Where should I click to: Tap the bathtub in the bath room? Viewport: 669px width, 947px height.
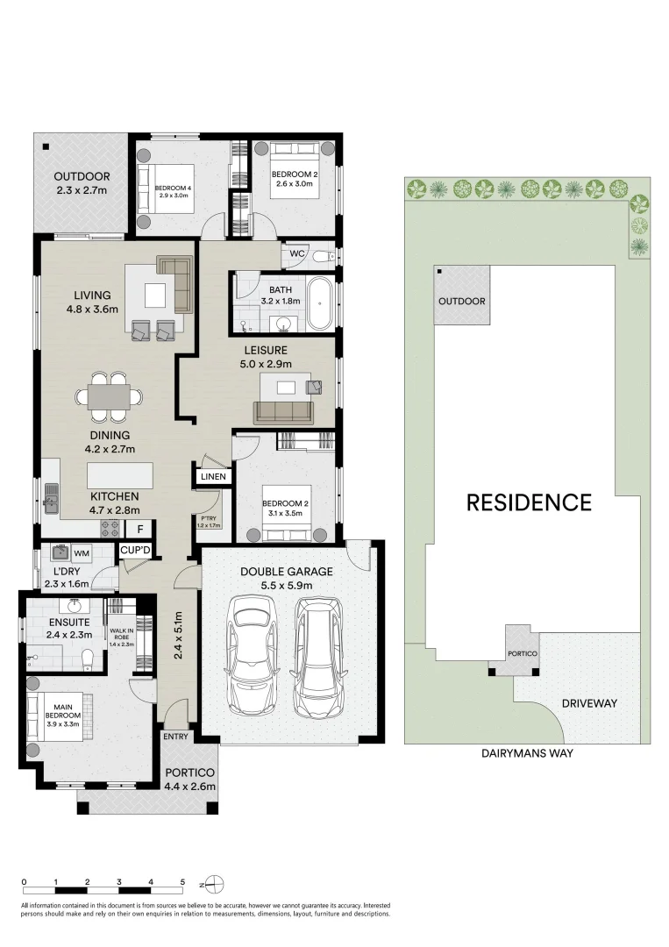(319, 304)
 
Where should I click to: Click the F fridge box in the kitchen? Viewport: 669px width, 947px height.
(139, 529)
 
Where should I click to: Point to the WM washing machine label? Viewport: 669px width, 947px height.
(81, 553)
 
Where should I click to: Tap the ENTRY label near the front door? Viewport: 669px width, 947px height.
(174, 737)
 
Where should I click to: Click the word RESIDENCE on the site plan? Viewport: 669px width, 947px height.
(529, 502)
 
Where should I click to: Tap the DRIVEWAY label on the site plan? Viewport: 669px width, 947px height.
(589, 703)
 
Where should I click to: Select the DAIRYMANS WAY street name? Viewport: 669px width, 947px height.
(527, 752)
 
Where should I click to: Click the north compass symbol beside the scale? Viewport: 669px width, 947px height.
(215, 883)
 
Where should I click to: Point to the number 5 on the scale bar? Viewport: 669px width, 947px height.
(182, 882)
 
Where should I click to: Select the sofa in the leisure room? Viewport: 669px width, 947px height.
(283, 412)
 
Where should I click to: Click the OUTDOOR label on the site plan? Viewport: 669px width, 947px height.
(461, 302)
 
